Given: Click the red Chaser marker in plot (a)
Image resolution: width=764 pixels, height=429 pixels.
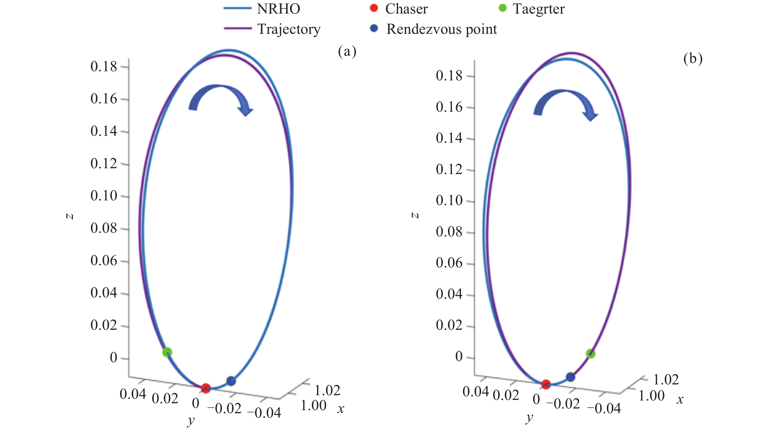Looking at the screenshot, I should coord(205,388).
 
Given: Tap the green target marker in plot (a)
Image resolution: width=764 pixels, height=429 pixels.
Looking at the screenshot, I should coord(167,352).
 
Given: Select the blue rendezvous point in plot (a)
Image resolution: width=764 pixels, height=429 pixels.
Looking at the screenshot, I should coord(231,381).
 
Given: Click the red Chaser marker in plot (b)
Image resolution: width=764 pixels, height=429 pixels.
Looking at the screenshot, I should coord(546,384).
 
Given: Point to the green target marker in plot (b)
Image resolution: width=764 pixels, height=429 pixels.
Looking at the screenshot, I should coord(590,354).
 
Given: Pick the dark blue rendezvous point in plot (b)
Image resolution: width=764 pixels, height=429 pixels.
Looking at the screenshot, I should coord(570,377).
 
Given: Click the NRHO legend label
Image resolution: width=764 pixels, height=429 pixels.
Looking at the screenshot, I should coord(279,9).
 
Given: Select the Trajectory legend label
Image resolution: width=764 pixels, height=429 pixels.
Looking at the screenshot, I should coord(289,29).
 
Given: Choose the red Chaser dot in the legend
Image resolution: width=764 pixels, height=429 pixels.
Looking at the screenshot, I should coord(374,8).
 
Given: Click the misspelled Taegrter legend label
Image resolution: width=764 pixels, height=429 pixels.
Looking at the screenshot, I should coord(539,9).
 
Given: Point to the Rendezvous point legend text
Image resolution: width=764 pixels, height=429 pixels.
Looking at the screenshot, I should coord(441,29).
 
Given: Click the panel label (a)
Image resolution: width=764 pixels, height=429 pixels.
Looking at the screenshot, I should coord(347,52).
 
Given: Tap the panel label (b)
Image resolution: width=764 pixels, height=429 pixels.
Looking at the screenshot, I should coord(693,58).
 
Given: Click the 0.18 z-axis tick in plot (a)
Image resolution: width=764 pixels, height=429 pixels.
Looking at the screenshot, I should coord(104,67).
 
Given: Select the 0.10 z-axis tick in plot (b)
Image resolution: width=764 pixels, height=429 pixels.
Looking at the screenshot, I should coord(449,200).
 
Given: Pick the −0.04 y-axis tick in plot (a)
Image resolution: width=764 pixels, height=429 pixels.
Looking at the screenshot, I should coord(264,412).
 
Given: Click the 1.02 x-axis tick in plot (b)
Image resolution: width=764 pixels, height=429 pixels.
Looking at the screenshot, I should coord(666,379).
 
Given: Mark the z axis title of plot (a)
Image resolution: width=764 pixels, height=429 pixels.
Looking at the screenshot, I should coord(70,216).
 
